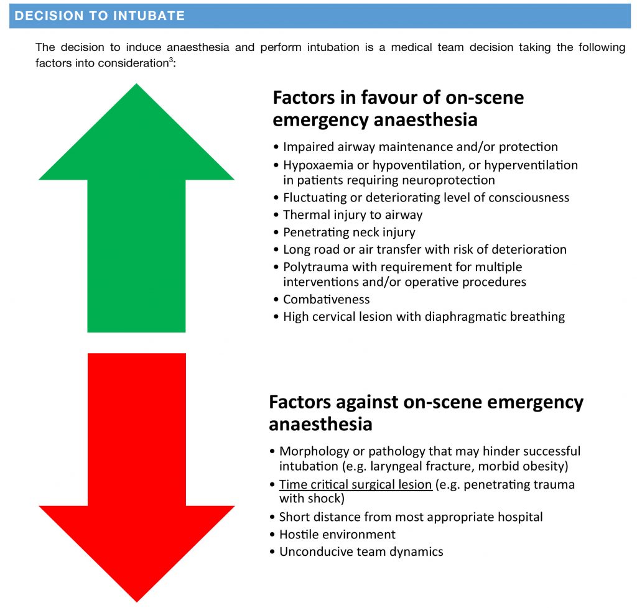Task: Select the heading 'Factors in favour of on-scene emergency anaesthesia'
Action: point(398,108)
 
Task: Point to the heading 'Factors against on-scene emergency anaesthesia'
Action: point(426,413)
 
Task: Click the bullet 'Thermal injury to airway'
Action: point(352,215)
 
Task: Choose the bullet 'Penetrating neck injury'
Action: point(348,233)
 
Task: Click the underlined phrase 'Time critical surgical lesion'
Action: point(355,484)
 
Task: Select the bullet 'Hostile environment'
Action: point(337,534)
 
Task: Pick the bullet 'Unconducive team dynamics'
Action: point(361,551)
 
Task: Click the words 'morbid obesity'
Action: point(534,466)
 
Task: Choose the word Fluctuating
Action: point(317,198)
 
